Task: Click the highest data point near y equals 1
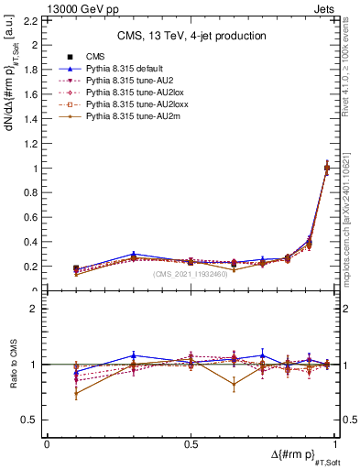click(327, 168)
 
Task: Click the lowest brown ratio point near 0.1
click(76, 394)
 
